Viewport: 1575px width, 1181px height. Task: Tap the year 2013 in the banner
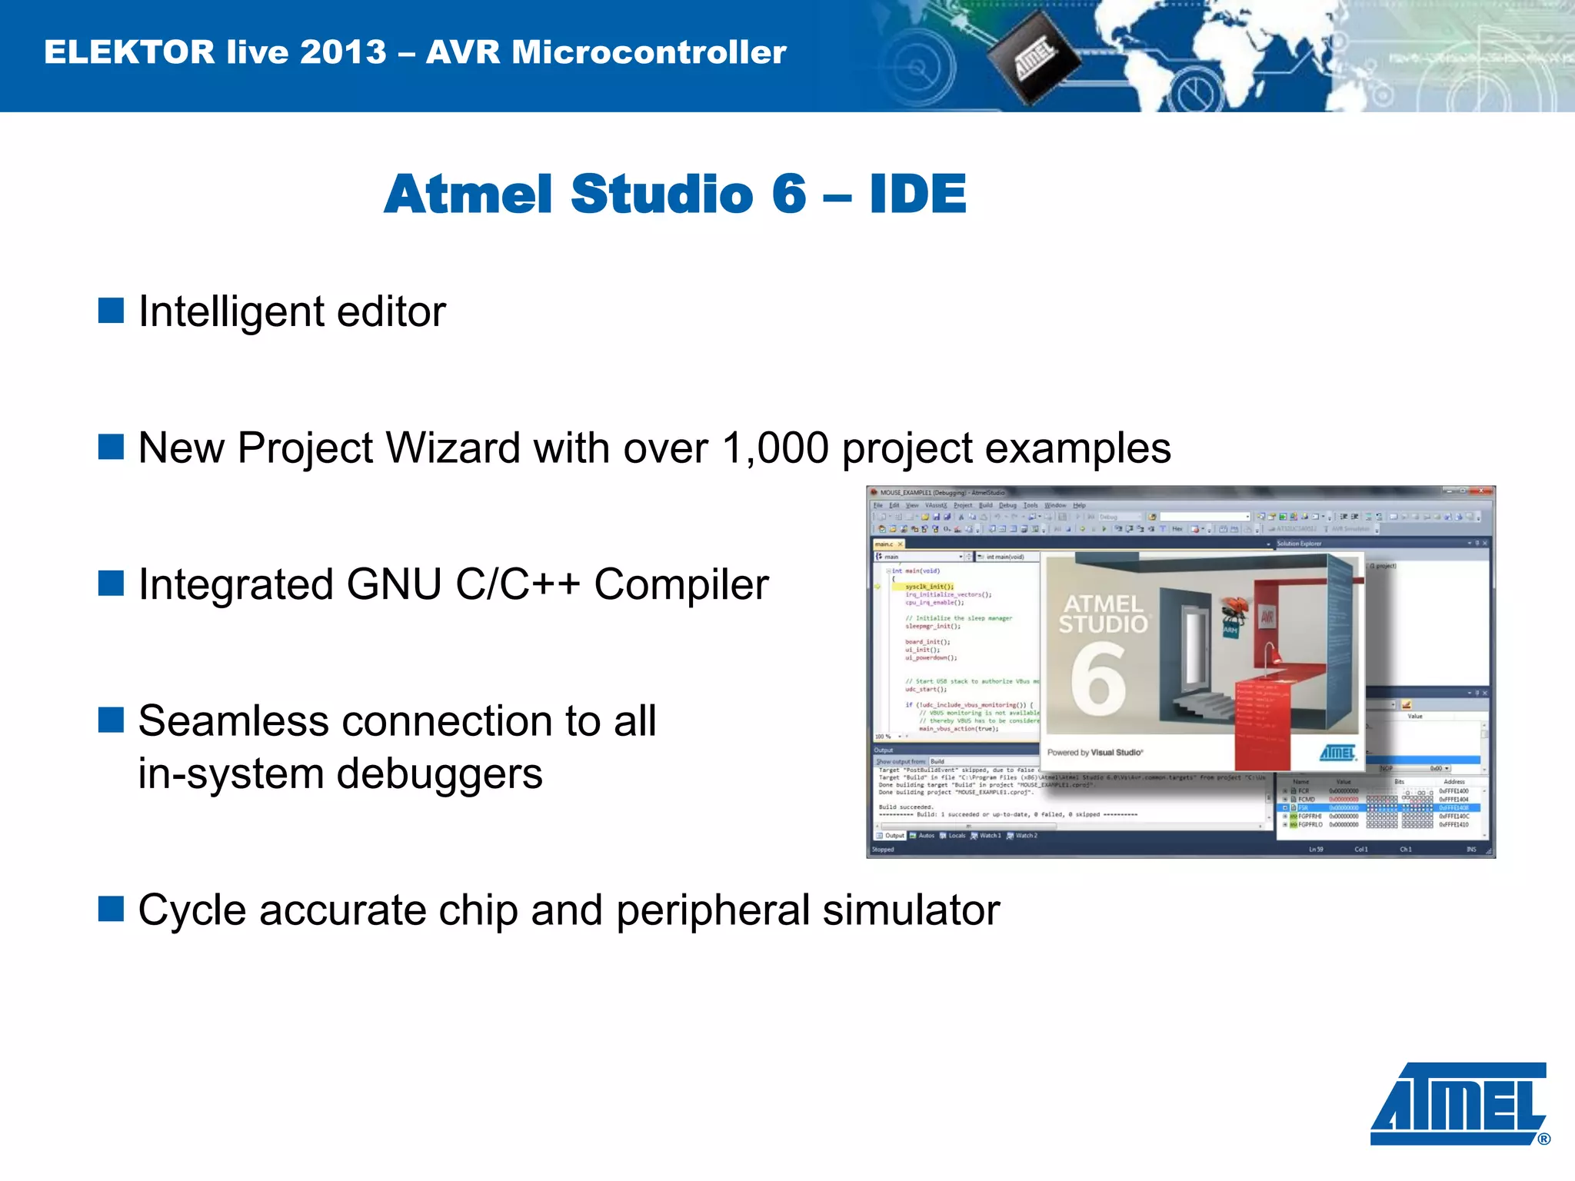[343, 52]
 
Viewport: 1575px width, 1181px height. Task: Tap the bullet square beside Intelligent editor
[112, 311]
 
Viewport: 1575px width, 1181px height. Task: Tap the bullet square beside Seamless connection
[112, 720]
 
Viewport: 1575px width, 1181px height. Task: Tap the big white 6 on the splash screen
[1098, 677]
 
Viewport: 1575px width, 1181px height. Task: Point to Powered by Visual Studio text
[1095, 752]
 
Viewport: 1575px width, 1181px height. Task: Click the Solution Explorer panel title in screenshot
[1299, 544]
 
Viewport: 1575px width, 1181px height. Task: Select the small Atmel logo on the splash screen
[1337, 752]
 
